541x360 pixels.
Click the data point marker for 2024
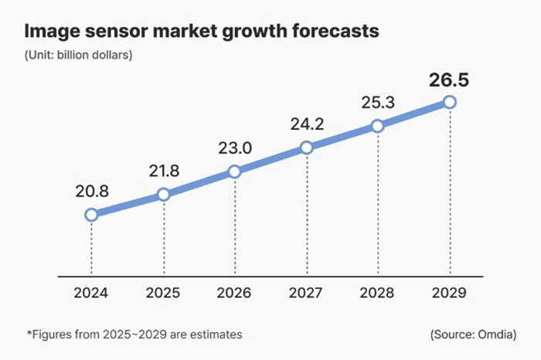pyautogui.click(x=91, y=215)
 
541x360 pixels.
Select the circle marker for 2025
pyautogui.click(x=163, y=195)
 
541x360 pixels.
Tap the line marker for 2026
pyautogui.click(x=235, y=172)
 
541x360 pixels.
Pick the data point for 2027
pyautogui.click(x=307, y=148)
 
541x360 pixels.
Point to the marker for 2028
pyautogui.click(x=377, y=126)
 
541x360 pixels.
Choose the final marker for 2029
pyautogui.click(x=450, y=102)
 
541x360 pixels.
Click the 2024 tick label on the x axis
pyautogui.click(x=91, y=294)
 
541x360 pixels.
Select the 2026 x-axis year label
pyautogui.click(x=235, y=294)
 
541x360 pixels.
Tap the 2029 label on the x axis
pyautogui.click(x=450, y=294)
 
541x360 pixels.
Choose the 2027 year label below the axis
pyautogui.click(x=307, y=294)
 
